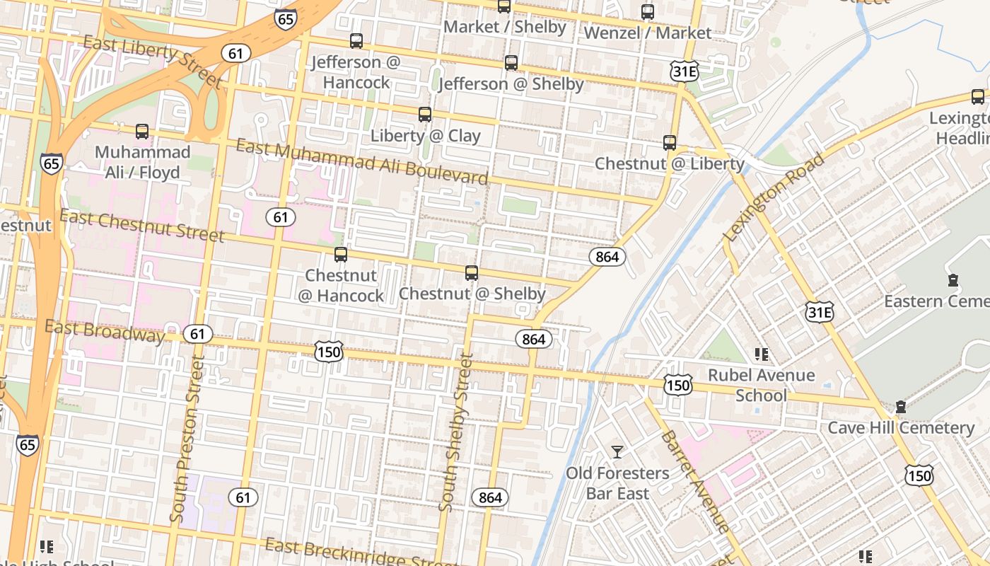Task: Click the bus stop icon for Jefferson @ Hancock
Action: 356,41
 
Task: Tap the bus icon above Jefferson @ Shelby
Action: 511,63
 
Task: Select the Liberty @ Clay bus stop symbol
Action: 425,114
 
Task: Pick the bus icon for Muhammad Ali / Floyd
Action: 142,131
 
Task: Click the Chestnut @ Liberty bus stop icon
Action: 670,142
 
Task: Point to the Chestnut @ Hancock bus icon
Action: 341,254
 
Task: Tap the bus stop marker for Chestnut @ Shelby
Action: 472,272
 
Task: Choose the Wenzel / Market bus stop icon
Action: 647,11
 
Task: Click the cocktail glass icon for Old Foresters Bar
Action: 617,451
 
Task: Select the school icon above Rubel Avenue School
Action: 761,354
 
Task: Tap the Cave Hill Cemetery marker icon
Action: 900,407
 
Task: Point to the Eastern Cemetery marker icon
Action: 953,280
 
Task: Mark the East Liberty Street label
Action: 152,62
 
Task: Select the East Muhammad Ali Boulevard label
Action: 361,161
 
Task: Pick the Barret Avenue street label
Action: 694,481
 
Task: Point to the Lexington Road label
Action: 775,197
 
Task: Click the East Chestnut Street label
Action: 142,225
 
